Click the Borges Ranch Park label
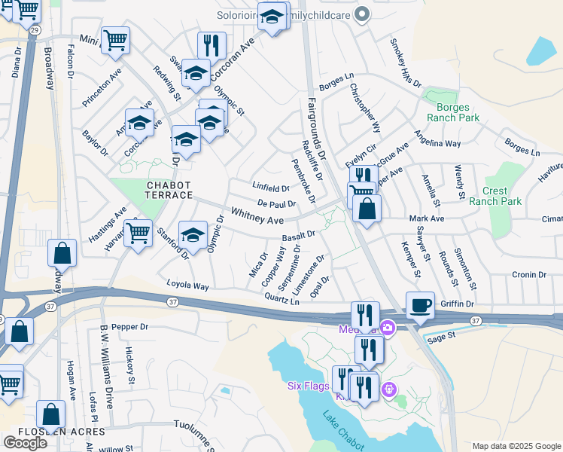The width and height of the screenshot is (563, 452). pos(453,112)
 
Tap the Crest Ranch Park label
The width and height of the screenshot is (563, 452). pos(495,196)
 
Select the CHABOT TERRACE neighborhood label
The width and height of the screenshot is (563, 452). pos(158,190)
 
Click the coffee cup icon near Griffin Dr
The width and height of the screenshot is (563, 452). pos(421,305)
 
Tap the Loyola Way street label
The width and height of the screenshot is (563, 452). pos(187,286)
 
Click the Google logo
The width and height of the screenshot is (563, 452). pos(25,442)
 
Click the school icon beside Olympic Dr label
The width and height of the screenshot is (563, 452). pos(193,234)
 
